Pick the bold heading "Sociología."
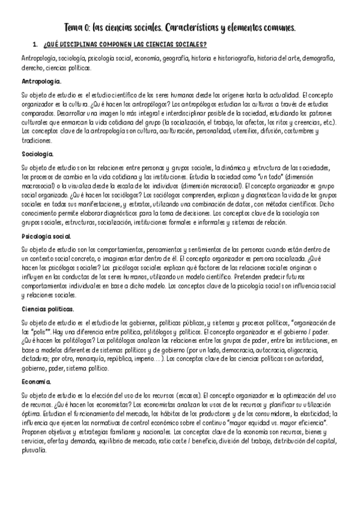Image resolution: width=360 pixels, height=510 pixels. tap(37, 154)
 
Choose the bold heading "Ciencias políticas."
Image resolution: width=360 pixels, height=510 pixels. tap(47, 309)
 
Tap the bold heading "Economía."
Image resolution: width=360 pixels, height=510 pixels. tap(36, 381)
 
